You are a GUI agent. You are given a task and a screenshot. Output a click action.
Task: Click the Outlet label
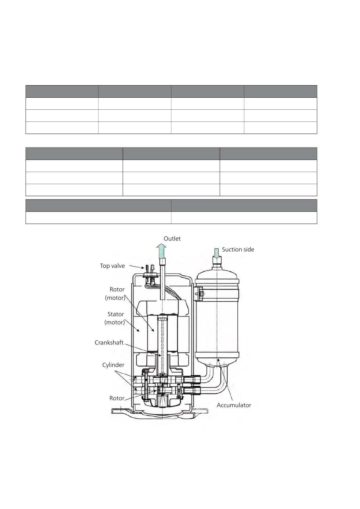pos(172,238)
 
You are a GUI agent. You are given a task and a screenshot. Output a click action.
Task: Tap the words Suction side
pos(238,249)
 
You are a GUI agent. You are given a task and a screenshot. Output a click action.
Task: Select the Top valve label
pos(112,266)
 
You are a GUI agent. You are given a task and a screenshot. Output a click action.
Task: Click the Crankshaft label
pos(109,342)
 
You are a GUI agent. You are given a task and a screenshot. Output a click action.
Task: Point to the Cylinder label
pos(113,365)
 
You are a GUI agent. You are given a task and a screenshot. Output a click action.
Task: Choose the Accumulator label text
pos(234,405)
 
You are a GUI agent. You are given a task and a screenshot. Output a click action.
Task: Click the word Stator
pos(116,314)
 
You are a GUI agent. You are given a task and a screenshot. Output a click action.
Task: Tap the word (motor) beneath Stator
pos(115,323)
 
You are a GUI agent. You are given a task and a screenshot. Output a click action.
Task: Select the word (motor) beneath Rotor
pos(115,298)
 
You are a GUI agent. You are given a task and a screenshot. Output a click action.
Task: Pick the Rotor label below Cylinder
pos(117,398)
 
